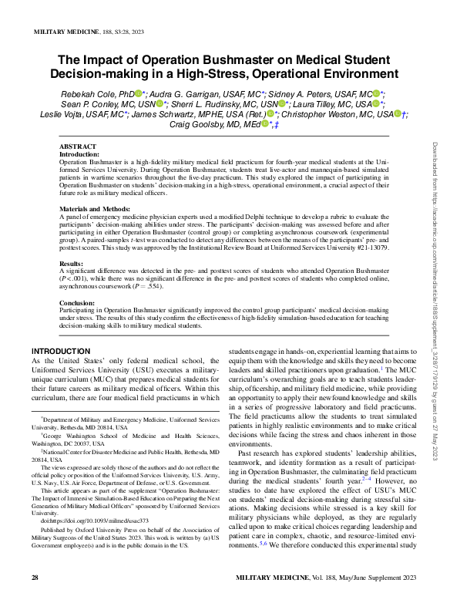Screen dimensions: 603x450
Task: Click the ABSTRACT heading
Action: [78, 147]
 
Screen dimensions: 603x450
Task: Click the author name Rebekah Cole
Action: [82, 93]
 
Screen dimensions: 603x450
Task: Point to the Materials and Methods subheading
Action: [95, 209]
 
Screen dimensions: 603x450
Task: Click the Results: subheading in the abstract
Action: [72, 263]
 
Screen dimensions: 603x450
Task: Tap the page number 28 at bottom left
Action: [35, 577]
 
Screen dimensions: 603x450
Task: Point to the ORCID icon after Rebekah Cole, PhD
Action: [140, 93]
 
